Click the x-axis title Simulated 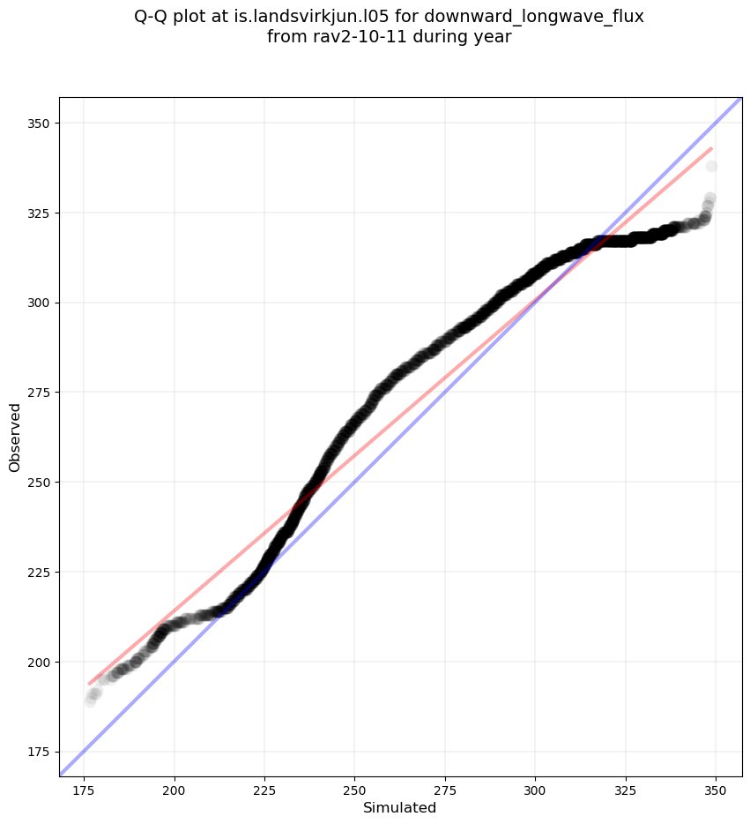[400, 807]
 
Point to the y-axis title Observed [15, 437]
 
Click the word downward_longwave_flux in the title [534, 17]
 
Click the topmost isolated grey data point [711, 166]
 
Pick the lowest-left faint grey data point [90, 701]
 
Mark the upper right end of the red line [711, 148]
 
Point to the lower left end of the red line [89, 684]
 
